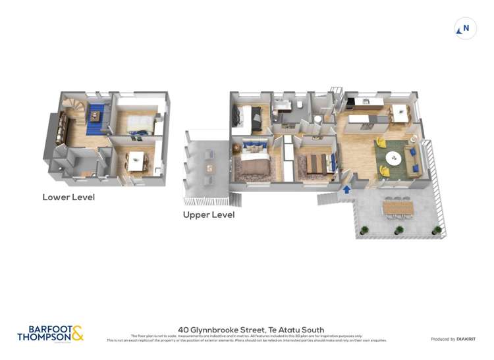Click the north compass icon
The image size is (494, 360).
(466, 29)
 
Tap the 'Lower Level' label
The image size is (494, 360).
(69, 197)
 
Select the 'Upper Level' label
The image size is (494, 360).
(209, 215)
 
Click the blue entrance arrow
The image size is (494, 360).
(346, 190)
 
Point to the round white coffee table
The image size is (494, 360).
(394, 157)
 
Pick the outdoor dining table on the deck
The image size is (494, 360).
(398, 207)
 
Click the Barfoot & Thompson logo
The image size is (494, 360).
(51, 334)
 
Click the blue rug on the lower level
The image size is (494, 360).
(96, 115)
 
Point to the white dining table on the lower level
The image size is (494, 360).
(136, 160)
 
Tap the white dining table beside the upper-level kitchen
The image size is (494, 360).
(399, 112)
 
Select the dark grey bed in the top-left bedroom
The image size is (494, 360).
(249, 118)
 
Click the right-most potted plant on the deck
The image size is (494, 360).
(436, 230)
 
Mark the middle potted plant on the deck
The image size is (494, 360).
(398, 230)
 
